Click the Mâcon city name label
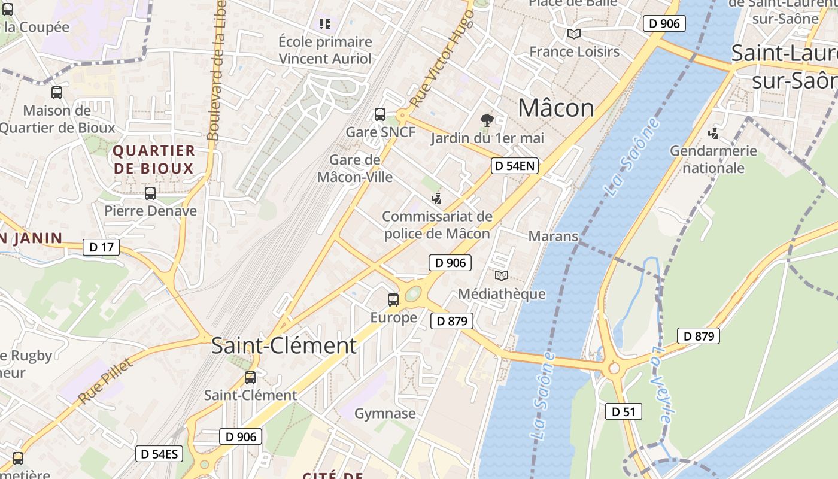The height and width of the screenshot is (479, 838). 555,108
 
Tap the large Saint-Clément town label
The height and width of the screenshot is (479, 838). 284,346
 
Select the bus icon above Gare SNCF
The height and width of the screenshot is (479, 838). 379,114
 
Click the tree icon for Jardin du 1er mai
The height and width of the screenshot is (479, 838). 487,120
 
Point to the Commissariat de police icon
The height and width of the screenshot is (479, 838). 437,198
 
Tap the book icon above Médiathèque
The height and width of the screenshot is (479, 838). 502,275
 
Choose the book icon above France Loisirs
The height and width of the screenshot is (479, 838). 574,34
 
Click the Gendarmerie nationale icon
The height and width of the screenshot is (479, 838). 713,133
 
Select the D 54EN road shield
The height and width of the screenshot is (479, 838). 515,166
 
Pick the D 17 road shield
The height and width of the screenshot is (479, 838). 101,247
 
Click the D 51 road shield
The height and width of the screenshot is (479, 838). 623,411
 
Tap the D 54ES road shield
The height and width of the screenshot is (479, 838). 159,454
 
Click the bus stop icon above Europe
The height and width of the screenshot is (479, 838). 393,299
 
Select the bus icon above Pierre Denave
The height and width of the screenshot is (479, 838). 150,193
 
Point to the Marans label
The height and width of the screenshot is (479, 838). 553,237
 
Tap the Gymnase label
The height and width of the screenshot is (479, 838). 385,414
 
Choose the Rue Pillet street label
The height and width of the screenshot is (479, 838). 105,381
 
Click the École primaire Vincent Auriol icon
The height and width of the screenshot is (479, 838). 325,24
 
